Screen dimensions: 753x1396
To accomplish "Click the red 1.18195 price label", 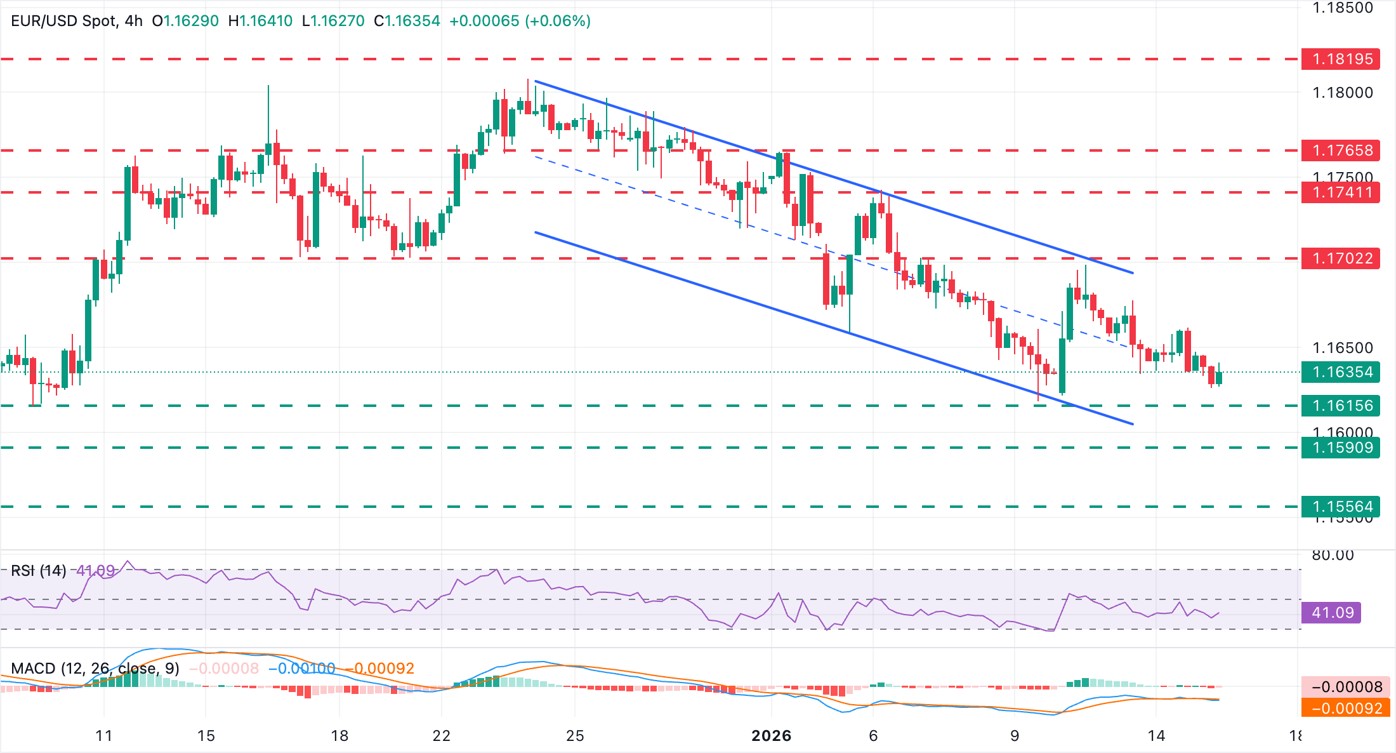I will point(1340,59).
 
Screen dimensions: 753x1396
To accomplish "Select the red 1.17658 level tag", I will point(1340,150).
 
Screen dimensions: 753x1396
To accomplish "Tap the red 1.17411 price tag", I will point(1340,192).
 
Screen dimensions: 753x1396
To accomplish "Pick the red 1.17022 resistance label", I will point(1340,258).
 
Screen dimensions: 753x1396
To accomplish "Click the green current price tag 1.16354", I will point(1340,372).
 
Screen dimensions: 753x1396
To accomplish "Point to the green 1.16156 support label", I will point(1340,406).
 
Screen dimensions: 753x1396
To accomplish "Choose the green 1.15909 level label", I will point(1340,448).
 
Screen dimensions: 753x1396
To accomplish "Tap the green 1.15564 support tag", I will point(1340,507).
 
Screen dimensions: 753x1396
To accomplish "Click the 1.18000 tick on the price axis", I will point(1342,93).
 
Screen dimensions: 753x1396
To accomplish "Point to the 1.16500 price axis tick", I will point(1342,348).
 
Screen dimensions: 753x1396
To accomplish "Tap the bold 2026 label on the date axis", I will point(771,736).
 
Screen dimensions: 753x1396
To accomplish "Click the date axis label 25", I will point(575,736).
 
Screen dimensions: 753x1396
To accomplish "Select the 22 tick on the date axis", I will point(442,736).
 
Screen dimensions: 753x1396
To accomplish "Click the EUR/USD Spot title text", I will point(63,21).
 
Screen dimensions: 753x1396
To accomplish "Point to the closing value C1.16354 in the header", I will point(407,21).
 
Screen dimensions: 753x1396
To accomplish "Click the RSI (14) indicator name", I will point(39,571).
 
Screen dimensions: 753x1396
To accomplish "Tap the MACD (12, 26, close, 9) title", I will point(95,669).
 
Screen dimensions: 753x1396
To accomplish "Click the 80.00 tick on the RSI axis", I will point(1333,556).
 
